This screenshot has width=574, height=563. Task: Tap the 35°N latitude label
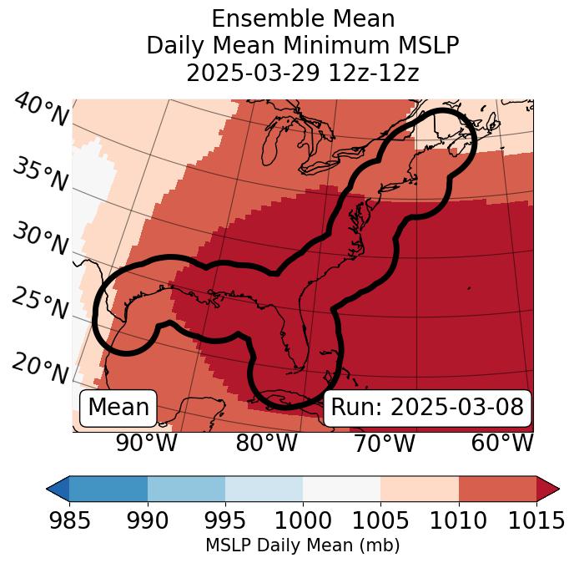(x=40, y=174)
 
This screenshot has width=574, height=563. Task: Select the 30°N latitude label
(x=40, y=239)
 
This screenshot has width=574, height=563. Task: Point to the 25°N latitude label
(x=40, y=303)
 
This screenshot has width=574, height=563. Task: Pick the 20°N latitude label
(x=40, y=368)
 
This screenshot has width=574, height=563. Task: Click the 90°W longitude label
(x=147, y=442)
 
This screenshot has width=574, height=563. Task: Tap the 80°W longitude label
(x=267, y=442)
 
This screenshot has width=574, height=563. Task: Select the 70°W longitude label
(x=385, y=442)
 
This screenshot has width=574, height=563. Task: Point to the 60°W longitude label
(x=502, y=442)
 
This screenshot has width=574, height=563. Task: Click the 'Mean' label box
(x=118, y=408)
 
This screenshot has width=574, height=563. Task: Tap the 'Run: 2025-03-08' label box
(x=427, y=408)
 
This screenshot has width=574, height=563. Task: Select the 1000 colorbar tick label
(x=303, y=520)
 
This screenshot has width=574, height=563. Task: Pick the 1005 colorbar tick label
(x=380, y=520)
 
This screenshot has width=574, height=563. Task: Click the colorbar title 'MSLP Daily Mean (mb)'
(x=302, y=545)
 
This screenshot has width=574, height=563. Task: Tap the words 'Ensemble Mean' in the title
(x=302, y=18)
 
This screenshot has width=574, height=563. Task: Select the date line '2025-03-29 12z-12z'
(x=302, y=72)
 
